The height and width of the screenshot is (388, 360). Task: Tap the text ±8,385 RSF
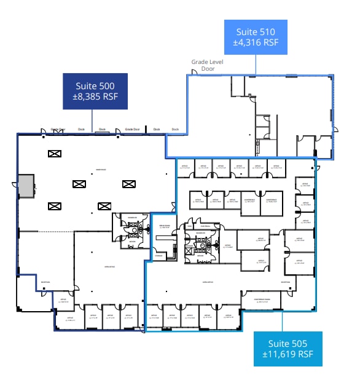pyautogui.click(x=92, y=97)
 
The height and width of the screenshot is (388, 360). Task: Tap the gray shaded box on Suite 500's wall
pyautogui.click(x=26, y=186)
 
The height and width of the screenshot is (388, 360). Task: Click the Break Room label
pyautogui.click(x=163, y=226)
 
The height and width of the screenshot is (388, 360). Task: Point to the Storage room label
pyautogui.click(x=158, y=255)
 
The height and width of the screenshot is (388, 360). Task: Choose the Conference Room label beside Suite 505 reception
pyautogui.click(x=262, y=299)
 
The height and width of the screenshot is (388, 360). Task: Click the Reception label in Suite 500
pyautogui.click(x=45, y=282)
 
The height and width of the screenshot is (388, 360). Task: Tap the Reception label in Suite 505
pyautogui.click(x=285, y=282)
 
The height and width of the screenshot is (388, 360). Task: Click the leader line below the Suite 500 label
pyautogui.click(x=92, y=120)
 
